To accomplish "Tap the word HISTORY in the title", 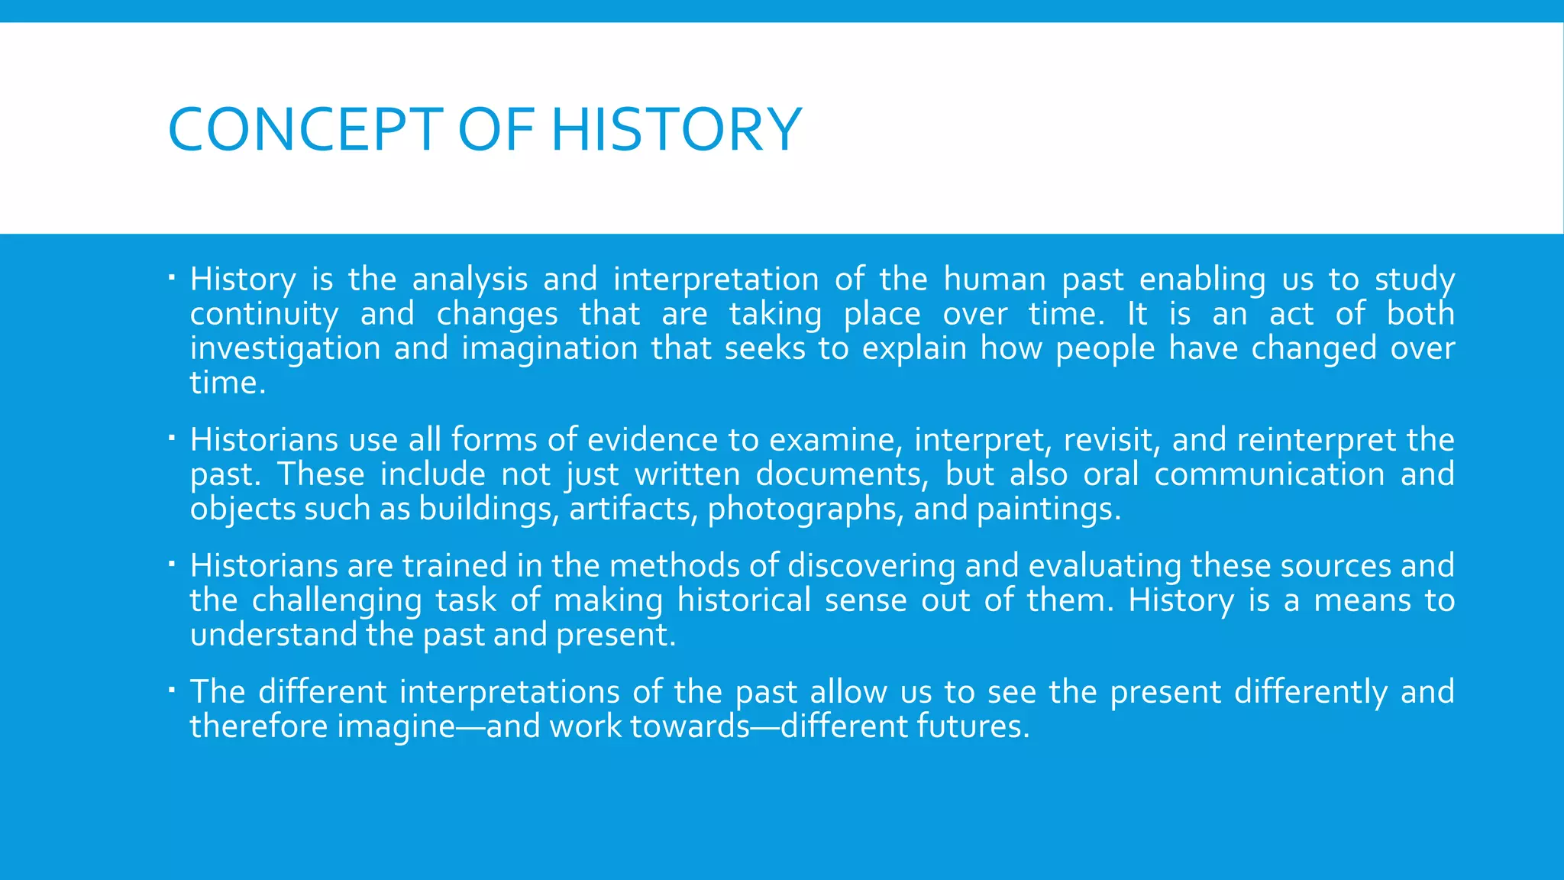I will tap(676, 130).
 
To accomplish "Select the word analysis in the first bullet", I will tap(470, 280).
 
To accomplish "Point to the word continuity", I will tap(264, 314).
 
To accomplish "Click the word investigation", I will tap(285, 349).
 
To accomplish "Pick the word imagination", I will tap(549, 349).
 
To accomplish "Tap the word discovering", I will tap(871, 566).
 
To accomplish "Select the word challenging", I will tap(336, 600).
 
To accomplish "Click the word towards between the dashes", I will tap(690, 726).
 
